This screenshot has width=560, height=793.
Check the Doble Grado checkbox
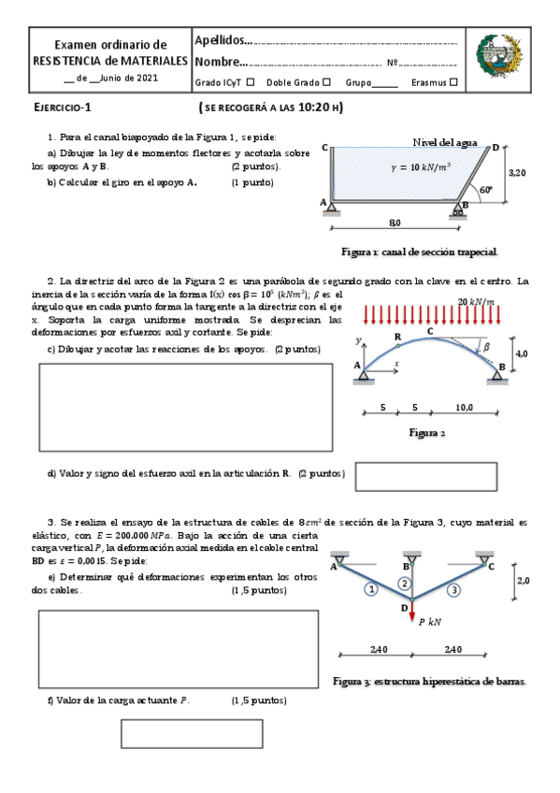[326, 82]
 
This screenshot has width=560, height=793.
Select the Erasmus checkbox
[453, 82]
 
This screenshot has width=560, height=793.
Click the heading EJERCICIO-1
[63, 108]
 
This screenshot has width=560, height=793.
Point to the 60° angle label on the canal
[485, 189]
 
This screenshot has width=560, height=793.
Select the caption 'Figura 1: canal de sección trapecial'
[420, 252]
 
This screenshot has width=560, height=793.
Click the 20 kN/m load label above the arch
[476, 301]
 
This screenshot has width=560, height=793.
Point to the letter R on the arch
[397, 336]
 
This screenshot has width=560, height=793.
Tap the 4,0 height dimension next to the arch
[522, 353]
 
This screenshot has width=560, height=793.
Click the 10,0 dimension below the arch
[464, 408]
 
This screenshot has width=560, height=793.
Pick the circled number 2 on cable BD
[404, 583]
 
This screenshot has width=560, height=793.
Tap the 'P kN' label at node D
[431, 620]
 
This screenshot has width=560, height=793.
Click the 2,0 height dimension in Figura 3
[523, 581]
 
